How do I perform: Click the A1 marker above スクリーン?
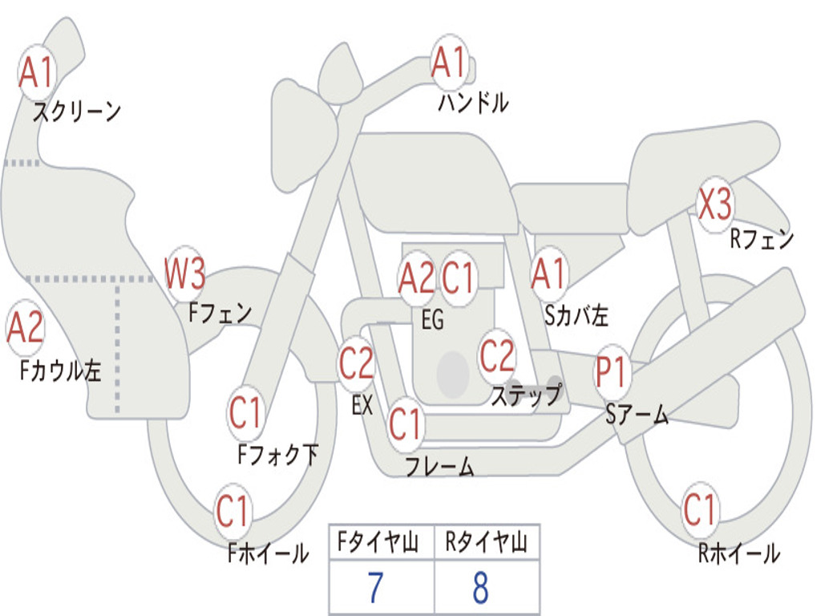[36, 72]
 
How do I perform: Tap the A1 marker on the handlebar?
[449, 62]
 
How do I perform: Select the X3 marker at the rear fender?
[715, 205]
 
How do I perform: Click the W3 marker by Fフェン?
[184, 274]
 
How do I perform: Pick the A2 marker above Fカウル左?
[25, 327]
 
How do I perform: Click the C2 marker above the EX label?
[357, 363]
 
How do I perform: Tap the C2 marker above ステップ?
[497, 355]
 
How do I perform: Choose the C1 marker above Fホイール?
[232, 511]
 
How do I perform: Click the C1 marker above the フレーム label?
[405, 423]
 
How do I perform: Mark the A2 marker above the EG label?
[417, 278]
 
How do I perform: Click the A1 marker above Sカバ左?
[549, 274]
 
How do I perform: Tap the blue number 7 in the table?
[375, 588]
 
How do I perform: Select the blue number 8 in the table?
[481, 588]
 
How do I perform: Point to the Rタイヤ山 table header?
[487, 541]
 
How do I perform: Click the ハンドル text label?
[473, 102]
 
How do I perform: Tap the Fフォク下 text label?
[278, 454]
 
